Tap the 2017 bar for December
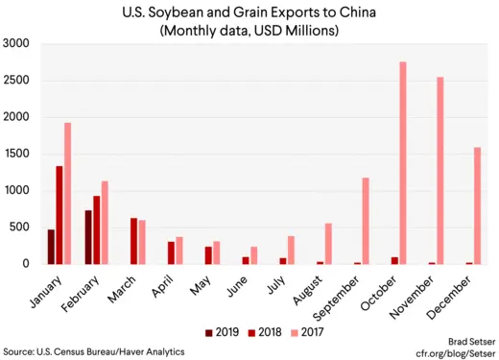tap(477, 205)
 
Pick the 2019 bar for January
tap(51, 247)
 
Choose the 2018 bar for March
tap(134, 241)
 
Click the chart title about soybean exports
tap(249, 13)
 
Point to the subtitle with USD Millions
tap(249, 31)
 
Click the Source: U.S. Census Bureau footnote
tap(93, 352)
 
